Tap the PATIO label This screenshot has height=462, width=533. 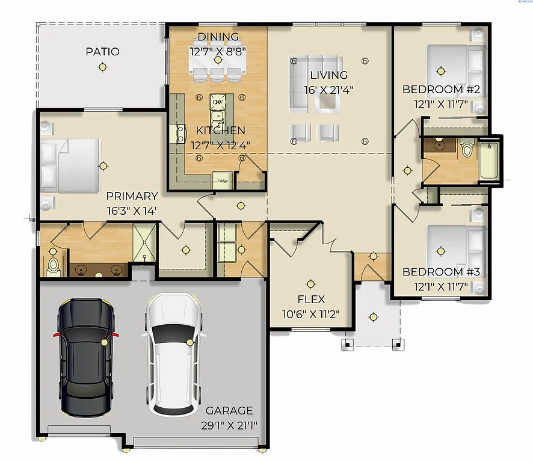click(102, 52)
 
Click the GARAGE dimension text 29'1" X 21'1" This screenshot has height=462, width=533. click(229, 425)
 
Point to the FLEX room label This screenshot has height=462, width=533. click(311, 299)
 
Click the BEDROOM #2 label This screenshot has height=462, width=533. click(440, 90)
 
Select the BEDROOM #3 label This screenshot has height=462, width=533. click(440, 272)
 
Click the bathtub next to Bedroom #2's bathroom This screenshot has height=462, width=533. click(489, 161)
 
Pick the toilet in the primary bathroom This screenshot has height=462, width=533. click(53, 266)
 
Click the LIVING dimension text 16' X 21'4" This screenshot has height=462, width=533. click(328, 89)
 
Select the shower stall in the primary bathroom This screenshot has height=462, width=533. click(144, 242)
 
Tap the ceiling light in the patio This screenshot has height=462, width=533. click(102, 67)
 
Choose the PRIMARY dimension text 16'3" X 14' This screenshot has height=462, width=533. click(132, 211)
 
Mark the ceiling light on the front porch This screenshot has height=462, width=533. click(374, 316)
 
